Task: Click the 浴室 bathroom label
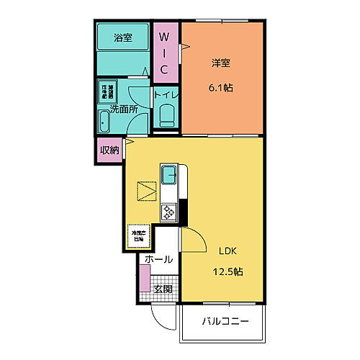click(123, 38)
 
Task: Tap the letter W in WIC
click(164, 36)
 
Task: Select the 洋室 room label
click(221, 63)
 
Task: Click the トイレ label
click(166, 94)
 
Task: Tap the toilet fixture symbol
click(166, 115)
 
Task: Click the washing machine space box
click(107, 91)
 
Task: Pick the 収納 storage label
click(108, 150)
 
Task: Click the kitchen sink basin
click(170, 174)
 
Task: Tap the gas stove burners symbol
click(170, 212)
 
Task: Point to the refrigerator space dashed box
click(138, 235)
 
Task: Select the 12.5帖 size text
click(228, 272)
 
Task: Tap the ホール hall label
click(158, 259)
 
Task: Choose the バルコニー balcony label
click(225, 321)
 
